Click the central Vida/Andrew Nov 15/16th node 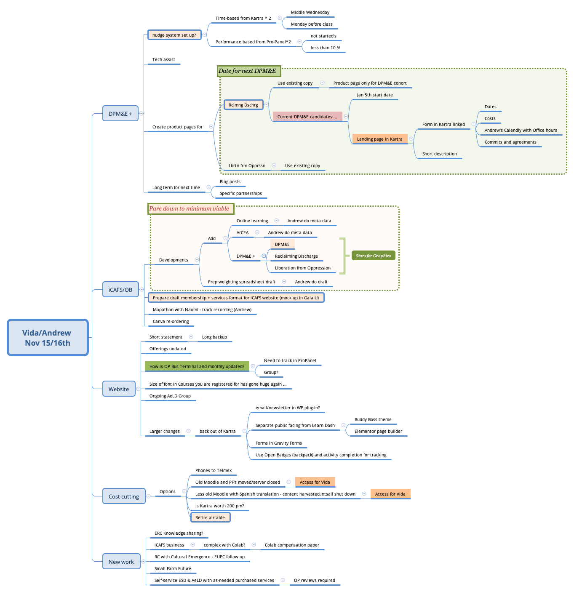pyautogui.click(x=48, y=337)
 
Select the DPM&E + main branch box pyautogui.click(x=120, y=114)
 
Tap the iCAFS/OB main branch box pyautogui.click(x=120, y=290)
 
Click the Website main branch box pyautogui.click(x=119, y=389)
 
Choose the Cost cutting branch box pyautogui.click(x=124, y=496)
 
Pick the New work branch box pyautogui.click(x=121, y=562)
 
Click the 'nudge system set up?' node pyautogui.click(x=174, y=35)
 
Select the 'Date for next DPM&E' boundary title pyautogui.click(x=248, y=71)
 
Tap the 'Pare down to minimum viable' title pyautogui.click(x=190, y=208)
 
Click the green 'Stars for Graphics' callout pyautogui.click(x=373, y=256)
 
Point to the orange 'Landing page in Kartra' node pyautogui.click(x=380, y=139)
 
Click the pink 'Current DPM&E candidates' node pyautogui.click(x=307, y=117)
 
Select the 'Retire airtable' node pyautogui.click(x=210, y=517)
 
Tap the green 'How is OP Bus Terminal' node pyautogui.click(x=197, y=366)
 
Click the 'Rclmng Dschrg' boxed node pyautogui.click(x=243, y=105)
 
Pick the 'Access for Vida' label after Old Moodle pyautogui.click(x=315, y=482)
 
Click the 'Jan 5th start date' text pyautogui.click(x=375, y=95)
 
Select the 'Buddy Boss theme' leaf pyautogui.click(x=373, y=419)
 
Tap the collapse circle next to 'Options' pyautogui.click(x=184, y=491)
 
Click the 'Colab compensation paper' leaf pyautogui.click(x=292, y=545)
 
